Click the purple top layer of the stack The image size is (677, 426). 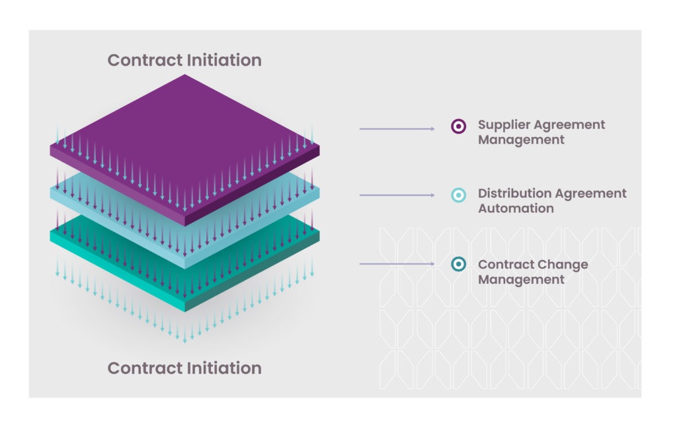click(x=185, y=138)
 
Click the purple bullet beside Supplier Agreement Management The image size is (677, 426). click(x=459, y=126)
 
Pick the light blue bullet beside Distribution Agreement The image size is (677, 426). click(x=459, y=195)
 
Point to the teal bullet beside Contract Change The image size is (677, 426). click(x=459, y=264)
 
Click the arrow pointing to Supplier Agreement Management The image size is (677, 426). click(x=397, y=129)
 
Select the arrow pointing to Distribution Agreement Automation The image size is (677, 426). click(x=397, y=195)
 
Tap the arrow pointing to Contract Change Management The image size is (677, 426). click(x=397, y=263)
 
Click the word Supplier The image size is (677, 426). click(x=504, y=125)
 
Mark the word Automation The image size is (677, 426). click(x=516, y=208)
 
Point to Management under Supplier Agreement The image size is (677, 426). click(x=521, y=140)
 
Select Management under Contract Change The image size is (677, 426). click(x=521, y=280)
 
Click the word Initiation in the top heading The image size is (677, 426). click(x=221, y=60)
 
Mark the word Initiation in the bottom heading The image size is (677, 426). click(x=221, y=368)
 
